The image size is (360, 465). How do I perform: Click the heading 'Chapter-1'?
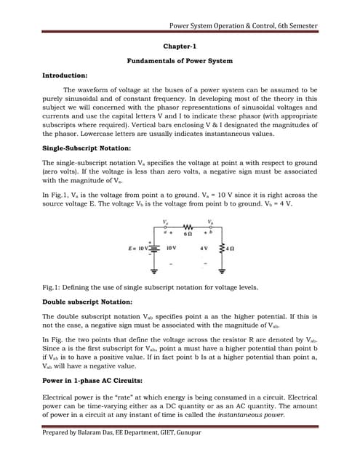point(180,46)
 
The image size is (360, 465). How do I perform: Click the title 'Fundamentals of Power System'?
point(180,61)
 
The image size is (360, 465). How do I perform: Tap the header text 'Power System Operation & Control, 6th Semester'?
point(243,26)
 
